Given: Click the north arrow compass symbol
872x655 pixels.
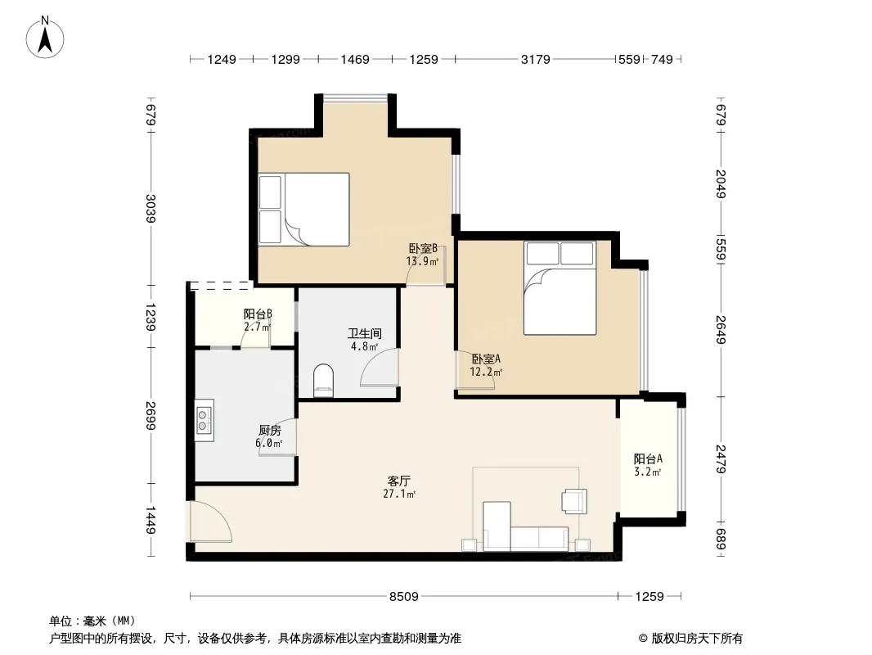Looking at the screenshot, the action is (x=45, y=38).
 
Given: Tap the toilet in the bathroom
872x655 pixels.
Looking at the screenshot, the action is (x=323, y=381).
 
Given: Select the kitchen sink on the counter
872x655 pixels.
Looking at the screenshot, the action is (x=205, y=420).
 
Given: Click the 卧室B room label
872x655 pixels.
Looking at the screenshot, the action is (x=423, y=249).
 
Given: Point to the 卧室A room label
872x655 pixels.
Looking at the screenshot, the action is (x=486, y=359).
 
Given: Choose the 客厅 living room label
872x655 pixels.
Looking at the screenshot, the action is (x=399, y=481).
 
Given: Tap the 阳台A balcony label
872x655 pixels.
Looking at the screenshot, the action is (x=648, y=459).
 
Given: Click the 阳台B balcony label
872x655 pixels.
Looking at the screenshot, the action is (x=258, y=314).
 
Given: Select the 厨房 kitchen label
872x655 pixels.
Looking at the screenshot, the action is (x=270, y=430).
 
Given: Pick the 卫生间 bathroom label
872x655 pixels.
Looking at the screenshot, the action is (x=364, y=334).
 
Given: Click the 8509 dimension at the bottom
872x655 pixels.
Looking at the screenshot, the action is (x=404, y=597).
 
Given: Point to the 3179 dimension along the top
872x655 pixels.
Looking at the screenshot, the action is (x=536, y=59).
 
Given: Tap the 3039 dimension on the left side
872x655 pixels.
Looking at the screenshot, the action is (x=151, y=208).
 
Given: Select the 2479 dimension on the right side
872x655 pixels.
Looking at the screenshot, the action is (x=721, y=459).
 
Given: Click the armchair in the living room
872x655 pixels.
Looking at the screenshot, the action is (x=574, y=501).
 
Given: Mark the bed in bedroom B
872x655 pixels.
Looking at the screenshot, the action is (x=304, y=210).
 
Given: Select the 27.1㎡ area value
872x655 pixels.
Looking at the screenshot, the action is (x=399, y=494).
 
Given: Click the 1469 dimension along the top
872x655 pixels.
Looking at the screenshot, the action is (x=355, y=59).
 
